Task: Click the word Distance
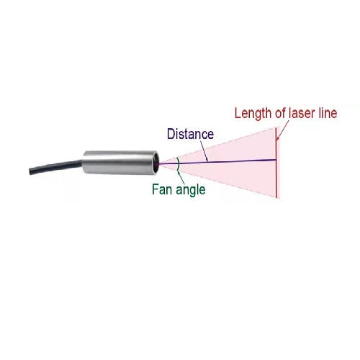pyautogui.click(x=190, y=134)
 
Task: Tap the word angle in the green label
pyautogui.click(x=191, y=190)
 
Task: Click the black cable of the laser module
pyautogui.click(x=56, y=167)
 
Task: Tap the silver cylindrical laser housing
pyautogui.click(x=120, y=163)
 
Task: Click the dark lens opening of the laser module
pyautogui.click(x=156, y=163)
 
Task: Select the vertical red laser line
pyautogui.click(x=276, y=162)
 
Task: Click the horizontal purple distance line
pyautogui.click(x=217, y=161)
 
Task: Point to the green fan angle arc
pyautogui.click(x=179, y=164)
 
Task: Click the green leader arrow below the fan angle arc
pyautogui.click(x=181, y=176)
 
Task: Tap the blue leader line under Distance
pyautogui.click(x=204, y=150)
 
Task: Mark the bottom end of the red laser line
pyautogui.click(x=276, y=198)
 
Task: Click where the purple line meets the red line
pyautogui.click(x=276, y=159)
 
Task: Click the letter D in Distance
pyautogui.click(x=171, y=134)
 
